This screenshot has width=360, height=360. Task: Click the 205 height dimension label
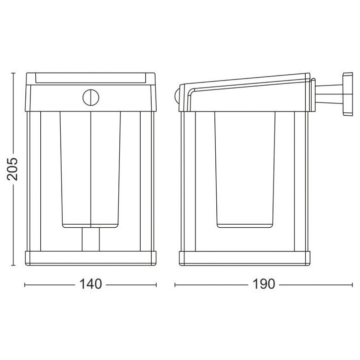point(12,169)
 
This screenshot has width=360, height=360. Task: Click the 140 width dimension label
point(90,284)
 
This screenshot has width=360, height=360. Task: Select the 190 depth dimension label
point(264,284)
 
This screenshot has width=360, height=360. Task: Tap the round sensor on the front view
point(90,97)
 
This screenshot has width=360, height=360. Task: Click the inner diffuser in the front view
point(90,170)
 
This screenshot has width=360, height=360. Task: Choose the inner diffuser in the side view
point(245,170)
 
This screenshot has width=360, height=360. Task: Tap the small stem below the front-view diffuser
point(90,240)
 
